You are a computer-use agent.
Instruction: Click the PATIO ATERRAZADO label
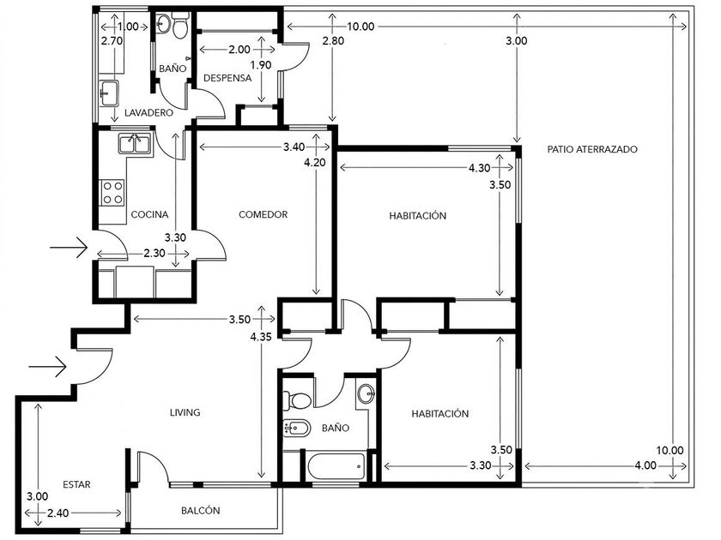pos(592,149)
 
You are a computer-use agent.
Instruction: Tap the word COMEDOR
pos(263,214)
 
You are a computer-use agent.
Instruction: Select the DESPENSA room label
pos(227,78)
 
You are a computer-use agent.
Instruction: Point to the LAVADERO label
pos(149,112)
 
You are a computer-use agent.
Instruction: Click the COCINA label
pos(149,214)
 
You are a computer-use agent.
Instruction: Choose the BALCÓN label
pos(201,510)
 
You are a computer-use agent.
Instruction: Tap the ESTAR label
pos(76,484)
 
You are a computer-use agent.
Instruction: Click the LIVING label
pos(185,412)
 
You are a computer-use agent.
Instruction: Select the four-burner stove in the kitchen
pos(112,192)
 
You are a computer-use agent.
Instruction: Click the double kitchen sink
pos(135,144)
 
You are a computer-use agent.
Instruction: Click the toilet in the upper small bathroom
pos(179,24)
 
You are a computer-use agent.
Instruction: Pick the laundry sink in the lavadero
pos(108,93)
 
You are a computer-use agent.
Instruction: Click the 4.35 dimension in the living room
pos(261,337)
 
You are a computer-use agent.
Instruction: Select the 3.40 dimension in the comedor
pos(294,147)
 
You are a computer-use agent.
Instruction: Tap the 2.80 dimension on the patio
pos(333,41)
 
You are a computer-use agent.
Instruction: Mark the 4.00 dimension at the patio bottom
pos(645,465)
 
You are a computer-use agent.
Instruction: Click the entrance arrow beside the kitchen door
pos(68,248)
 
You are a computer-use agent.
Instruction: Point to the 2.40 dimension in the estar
pos(58,513)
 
